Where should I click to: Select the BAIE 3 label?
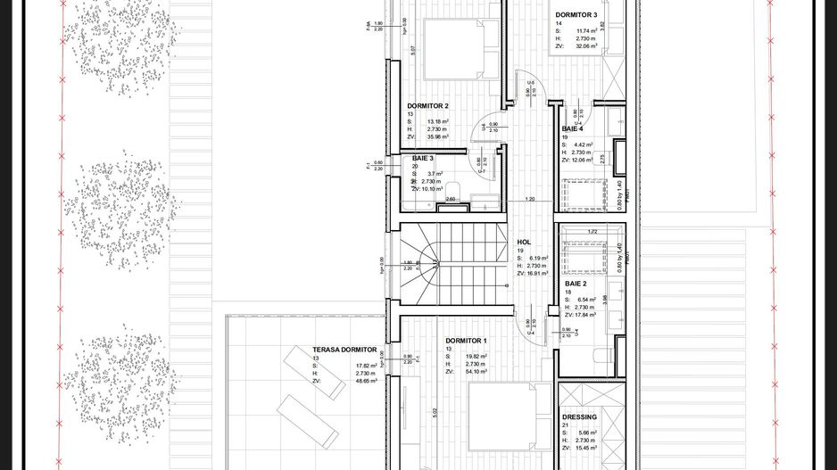click(x=422, y=158)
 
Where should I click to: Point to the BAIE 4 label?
click(x=572, y=129)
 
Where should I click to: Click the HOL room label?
click(x=524, y=242)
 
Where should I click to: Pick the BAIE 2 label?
click(x=576, y=284)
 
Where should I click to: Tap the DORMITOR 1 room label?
click(x=466, y=342)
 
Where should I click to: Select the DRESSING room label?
click(x=579, y=417)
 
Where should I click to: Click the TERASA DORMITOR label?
click(x=344, y=350)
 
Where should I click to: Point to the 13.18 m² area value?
click(x=437, y=121)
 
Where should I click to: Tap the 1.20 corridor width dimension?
click(x=530, y=199)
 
